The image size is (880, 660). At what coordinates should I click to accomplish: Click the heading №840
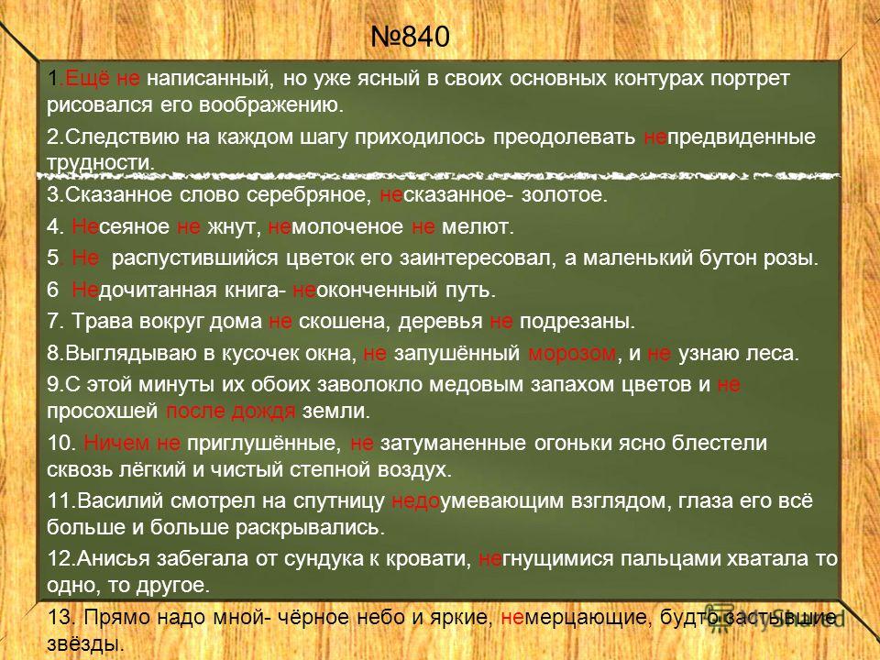click(x=411, y=37)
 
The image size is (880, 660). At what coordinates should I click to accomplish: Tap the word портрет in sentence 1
click(x=751, y=80)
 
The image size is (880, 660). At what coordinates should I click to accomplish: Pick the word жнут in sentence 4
click(x=234, y=226)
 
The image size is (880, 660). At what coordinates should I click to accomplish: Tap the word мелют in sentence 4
click(x=477, y=226)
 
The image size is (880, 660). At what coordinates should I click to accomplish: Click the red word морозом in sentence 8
click(x=572, y=354)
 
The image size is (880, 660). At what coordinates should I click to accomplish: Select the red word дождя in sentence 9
click(x=263, y=412)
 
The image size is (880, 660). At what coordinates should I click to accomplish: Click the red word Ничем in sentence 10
click(x=116, y=444)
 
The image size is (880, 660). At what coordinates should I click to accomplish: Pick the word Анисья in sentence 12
click(x=114, y=559)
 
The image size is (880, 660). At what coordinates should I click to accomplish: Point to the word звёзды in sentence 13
click(x=85, y=643)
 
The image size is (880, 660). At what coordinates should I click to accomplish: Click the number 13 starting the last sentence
click(x=59, y=617)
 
